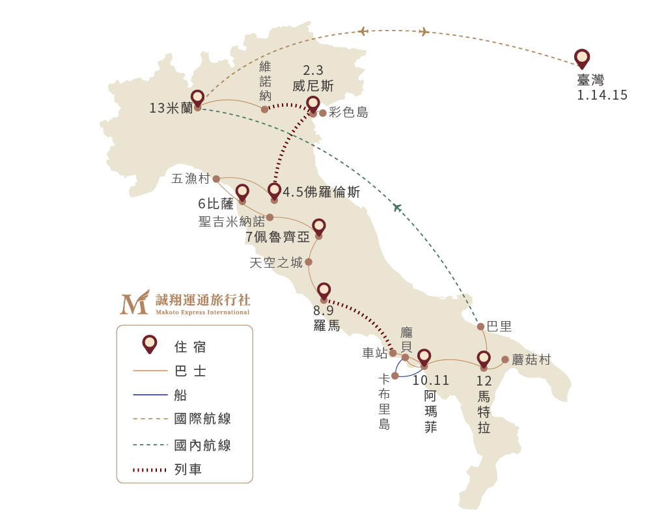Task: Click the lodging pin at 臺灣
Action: click(x=582, y=58)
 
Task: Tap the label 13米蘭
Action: click(x=171, y=108)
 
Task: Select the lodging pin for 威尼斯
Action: click(x=313, y=104)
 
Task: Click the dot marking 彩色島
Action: click(x=323, y=113)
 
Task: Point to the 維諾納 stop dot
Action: click(x=264, y=109)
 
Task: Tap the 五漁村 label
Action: click(x=191, y=178)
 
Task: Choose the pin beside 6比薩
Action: click(x=242, y=192)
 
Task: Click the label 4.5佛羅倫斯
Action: click(x=322, y=193)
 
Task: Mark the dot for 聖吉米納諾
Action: click(x=270, y=218)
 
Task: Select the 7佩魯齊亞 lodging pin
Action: click(x=318, y=227)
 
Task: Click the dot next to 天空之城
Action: click(x=309, y=262)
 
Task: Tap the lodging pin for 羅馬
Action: click(x=324, y=291)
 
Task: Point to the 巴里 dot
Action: click(x=480, y=326)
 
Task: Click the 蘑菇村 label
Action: click(x=531, y=359)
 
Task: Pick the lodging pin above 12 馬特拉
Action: click(x=484, y=359)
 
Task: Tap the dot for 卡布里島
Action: click(x=395, y=376)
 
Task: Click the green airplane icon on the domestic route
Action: click(x=396, y=208)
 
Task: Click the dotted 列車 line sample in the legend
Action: click(x=151, y=470)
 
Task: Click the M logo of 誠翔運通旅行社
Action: click(x=134, y=303)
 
